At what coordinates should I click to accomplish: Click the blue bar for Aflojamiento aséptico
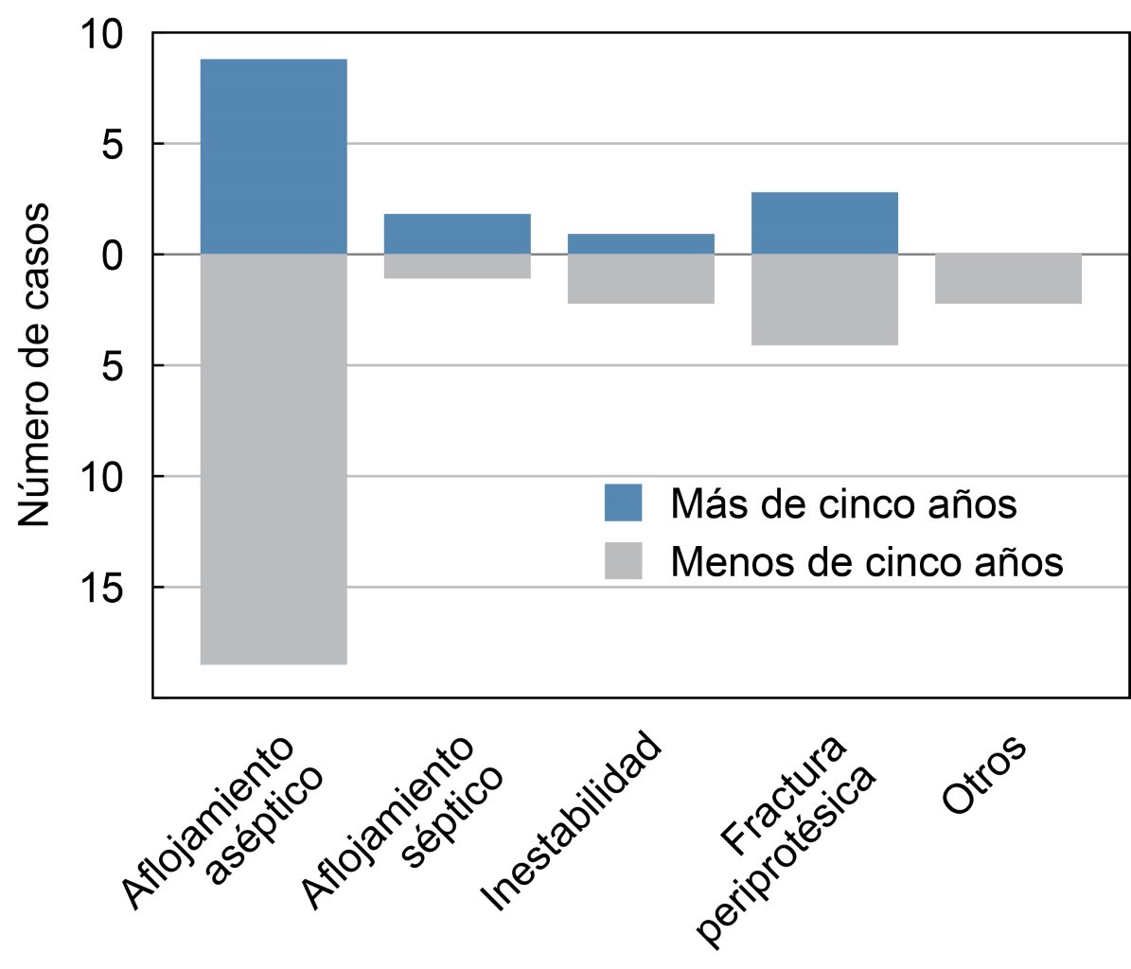pyautogui.click(x=274, y=156)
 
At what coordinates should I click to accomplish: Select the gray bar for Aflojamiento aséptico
pyautogui.click(x=274, y=459)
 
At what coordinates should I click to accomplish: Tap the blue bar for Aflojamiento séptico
pyautogui.click(x=457, y=234)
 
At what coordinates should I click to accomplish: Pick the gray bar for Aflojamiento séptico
pyautogui.click(x=457, y=266)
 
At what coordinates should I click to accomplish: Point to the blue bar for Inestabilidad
pyautogui.click(x=641, y=243)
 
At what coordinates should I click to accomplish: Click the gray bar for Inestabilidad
pyautogui.click(x=641, y=278)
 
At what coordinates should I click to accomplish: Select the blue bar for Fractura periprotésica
pyautogui.click(x=824, y=222)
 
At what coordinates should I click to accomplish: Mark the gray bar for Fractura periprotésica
pyautogui.click(x=824, y=299)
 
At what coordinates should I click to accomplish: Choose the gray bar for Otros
pyautogui.click(x=1008, y=278)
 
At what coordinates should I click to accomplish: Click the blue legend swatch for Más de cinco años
pyautogui.click(x=623, y=502)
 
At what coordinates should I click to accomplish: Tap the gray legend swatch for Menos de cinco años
pyautogui.click(x=623, y=561)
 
